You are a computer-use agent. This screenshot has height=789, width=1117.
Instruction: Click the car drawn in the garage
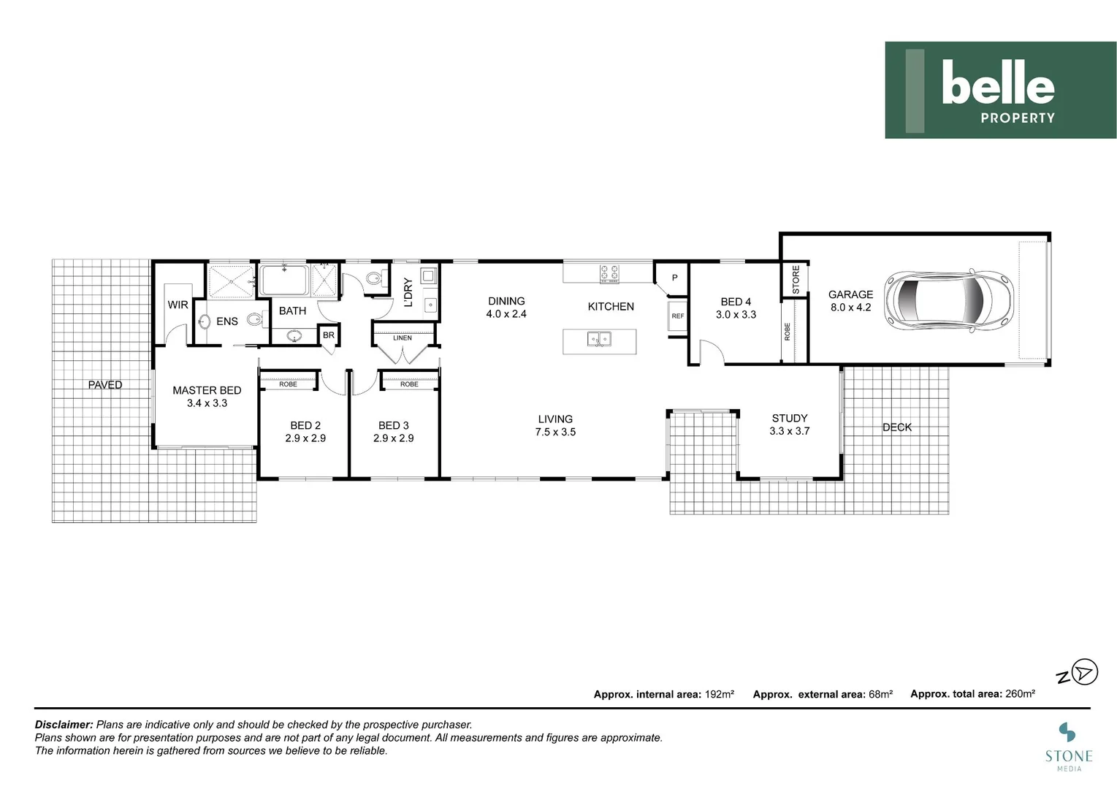948,299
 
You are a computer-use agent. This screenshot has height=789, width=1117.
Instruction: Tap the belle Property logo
1000,90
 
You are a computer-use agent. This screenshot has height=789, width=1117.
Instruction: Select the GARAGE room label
850,294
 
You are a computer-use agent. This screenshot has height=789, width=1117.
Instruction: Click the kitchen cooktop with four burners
609,273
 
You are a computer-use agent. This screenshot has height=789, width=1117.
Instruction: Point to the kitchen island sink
599,339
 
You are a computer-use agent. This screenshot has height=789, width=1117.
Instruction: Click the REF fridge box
678,316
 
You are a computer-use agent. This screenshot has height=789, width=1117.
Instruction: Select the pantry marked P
674,278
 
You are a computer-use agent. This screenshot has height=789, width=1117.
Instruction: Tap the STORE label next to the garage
796,279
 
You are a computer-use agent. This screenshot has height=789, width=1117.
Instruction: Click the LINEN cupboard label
403,338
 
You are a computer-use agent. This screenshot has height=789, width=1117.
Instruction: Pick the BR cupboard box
329,335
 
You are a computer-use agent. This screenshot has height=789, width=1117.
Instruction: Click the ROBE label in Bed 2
288,384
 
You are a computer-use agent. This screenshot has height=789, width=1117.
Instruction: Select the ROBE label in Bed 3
409,384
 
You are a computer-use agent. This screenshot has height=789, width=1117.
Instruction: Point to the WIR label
178,305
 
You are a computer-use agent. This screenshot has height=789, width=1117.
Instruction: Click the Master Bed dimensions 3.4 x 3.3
207,403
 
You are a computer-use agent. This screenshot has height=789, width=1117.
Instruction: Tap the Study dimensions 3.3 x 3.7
789,431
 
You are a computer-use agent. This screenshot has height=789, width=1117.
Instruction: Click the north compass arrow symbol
1086,673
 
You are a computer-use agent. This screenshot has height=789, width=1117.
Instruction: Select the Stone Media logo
1067,745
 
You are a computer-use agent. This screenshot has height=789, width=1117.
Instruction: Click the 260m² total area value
1020,694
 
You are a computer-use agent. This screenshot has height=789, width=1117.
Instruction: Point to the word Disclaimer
64,725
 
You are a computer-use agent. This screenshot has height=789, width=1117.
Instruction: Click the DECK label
896,427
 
